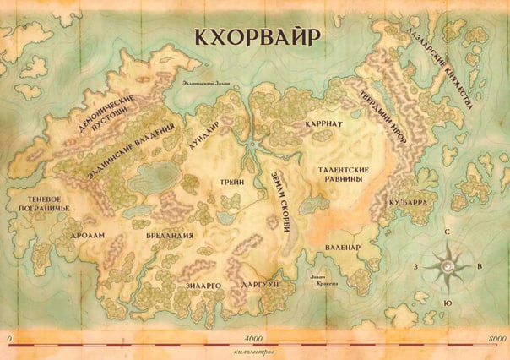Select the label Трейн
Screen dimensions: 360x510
point(233,181)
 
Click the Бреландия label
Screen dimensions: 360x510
point(176,236)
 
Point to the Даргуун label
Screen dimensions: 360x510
point(259,286)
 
